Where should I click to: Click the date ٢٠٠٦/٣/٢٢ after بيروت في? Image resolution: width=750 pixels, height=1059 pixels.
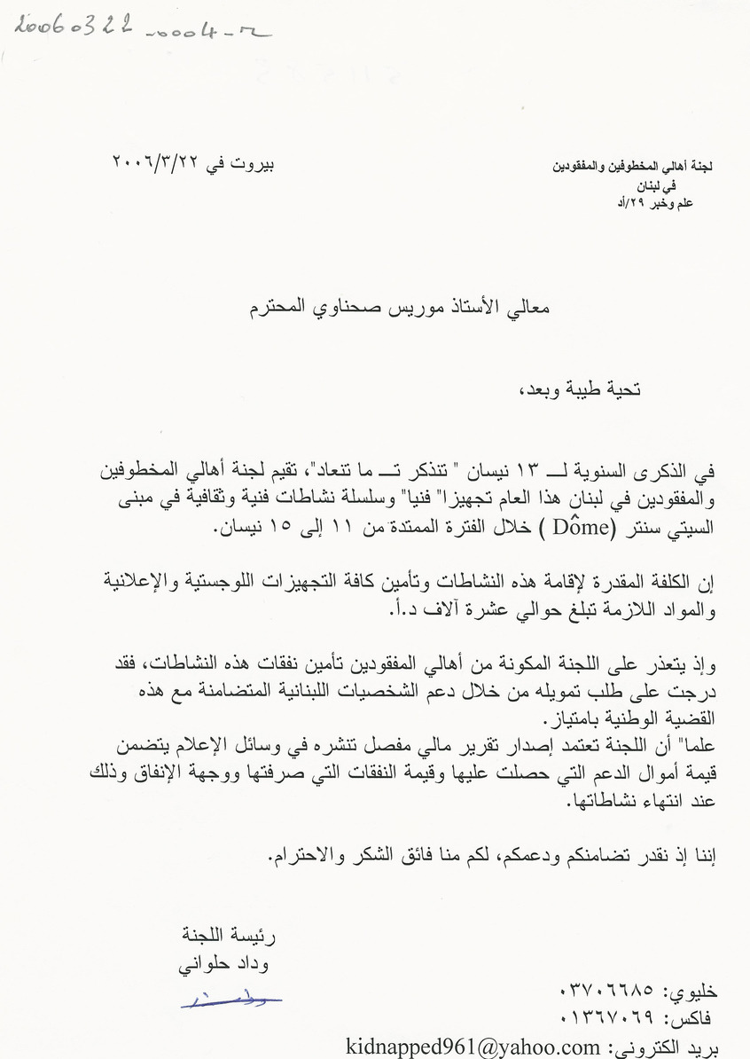157,163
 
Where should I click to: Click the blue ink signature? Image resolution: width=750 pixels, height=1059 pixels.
230,1000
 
